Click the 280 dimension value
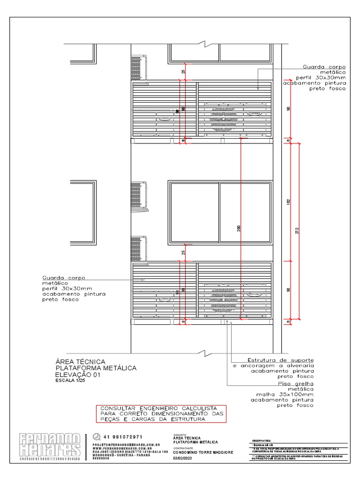pyautogui.click(x=239, y=229)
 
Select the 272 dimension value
pyautogui.click(x=297, y=230)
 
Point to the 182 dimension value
pyautogui.click(x=288, y=202)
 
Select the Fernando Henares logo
pyautogui.click(x=50, y=446)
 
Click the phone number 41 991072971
pyautogui.click(x=123, y=437)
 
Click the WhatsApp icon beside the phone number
pyautogui.click(x=97, y=437)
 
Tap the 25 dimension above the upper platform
pyautogui.click(x=183, y=72)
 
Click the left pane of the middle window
pyautogui.click(x=194, y=212)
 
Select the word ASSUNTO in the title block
pyautogui.click(x=180, y=435)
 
